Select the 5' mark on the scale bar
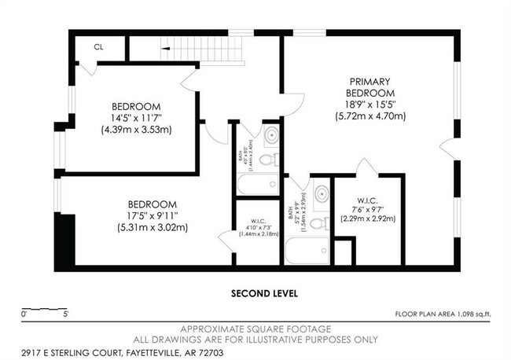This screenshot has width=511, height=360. (66, 314)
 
